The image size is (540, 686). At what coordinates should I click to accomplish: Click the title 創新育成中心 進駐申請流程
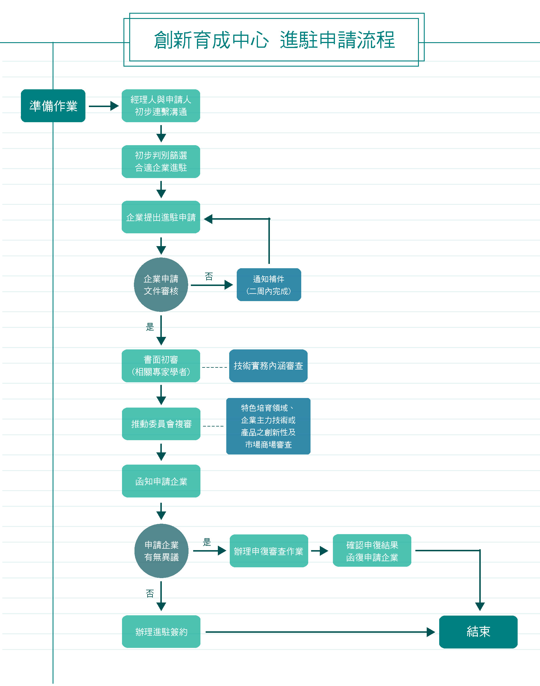coord(274,40)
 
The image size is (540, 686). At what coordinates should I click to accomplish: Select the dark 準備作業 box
coord(53,106)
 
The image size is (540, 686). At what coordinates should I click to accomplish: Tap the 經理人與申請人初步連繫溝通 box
coord(161,106)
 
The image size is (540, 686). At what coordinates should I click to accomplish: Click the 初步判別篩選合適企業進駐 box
coord(161,161)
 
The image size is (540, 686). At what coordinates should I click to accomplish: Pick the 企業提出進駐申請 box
coord(161,217)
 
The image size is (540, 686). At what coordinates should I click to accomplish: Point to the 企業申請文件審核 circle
coord(161,285)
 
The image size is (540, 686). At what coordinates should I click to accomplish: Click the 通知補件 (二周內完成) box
coord(269,285)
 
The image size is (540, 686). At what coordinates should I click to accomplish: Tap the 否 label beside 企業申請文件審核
coord(209,277)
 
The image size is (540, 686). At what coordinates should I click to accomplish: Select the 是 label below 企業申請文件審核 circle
coord(150,327)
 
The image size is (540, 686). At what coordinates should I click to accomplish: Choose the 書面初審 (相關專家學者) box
coord(161,366)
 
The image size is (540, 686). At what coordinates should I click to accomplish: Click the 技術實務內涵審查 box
coord(268,366)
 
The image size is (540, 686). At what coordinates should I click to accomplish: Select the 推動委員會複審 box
coord(161,424)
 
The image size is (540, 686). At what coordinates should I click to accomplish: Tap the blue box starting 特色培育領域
coord(268,426)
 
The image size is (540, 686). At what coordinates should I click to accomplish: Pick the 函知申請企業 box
coord(161,481)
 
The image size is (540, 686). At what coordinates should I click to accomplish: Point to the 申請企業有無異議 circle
coord(161,551)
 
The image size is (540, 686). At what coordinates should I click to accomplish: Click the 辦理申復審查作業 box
coord(269,551)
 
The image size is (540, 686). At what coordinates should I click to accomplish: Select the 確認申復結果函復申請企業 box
coord(372,551)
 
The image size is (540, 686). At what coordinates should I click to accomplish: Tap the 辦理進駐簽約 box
coord(161,632)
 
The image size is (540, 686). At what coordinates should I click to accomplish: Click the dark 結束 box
coord(478,632)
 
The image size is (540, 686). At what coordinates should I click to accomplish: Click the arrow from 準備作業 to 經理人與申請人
coord(103,106)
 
